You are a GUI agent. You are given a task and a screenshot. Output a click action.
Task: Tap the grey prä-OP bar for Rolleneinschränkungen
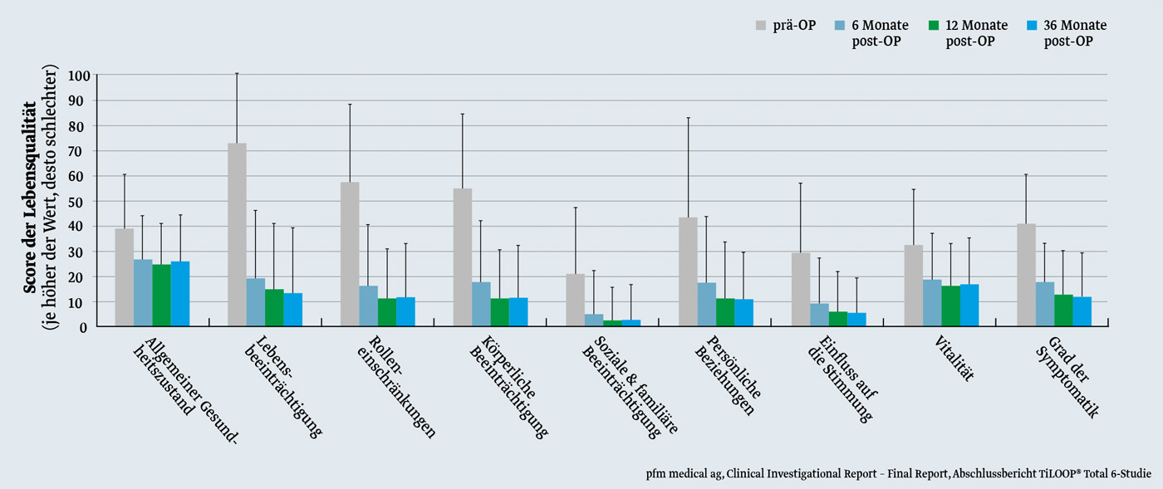[x=350, y=254]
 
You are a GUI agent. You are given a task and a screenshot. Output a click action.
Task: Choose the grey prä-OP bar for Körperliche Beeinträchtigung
[x=463, y=257]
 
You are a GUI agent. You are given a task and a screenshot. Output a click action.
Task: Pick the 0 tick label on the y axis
[x=84, y=327]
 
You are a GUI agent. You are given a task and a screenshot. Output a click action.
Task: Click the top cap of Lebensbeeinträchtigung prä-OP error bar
[x=237, y=74]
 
